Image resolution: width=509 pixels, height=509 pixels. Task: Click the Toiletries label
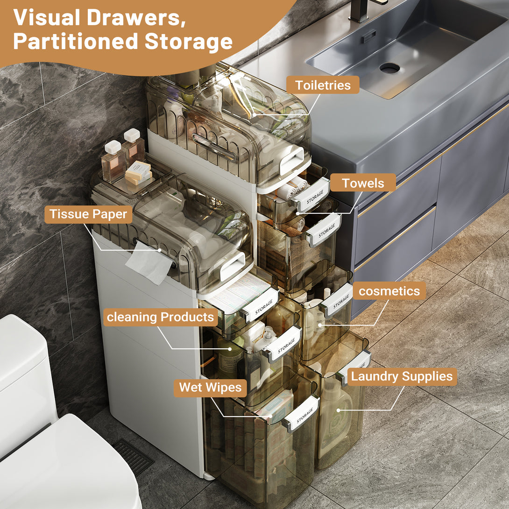click(x=322, y=85)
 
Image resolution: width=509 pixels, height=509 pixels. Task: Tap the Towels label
click(x=363, y=183)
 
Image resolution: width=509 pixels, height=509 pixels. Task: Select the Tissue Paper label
click(x=88, y=214)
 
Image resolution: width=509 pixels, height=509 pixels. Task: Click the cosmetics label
click(x=389, y=291)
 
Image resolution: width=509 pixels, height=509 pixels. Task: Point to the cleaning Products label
click(x=160, y=318)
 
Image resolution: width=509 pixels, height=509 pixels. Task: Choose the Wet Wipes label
click(x=210, y=388)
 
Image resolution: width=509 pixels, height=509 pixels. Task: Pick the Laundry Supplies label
click(x=402, y=376)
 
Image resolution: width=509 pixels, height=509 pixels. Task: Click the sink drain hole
click(x=389, y=68)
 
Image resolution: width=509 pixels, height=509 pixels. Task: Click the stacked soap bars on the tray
click(x=138, y=172)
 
